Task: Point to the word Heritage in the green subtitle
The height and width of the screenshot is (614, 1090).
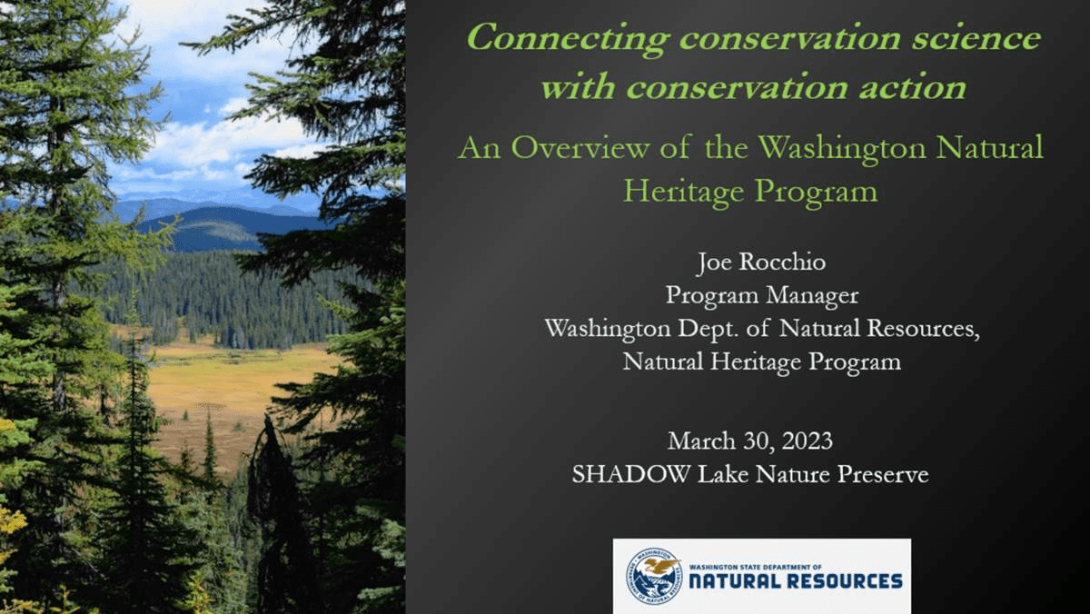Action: (684, 191)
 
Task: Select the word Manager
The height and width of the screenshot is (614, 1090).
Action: (812, 296)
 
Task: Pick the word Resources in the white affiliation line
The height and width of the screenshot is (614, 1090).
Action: (923, 329)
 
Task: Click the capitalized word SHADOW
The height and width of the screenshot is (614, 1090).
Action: (631, 474)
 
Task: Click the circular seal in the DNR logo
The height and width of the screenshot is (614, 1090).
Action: (654, 577)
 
